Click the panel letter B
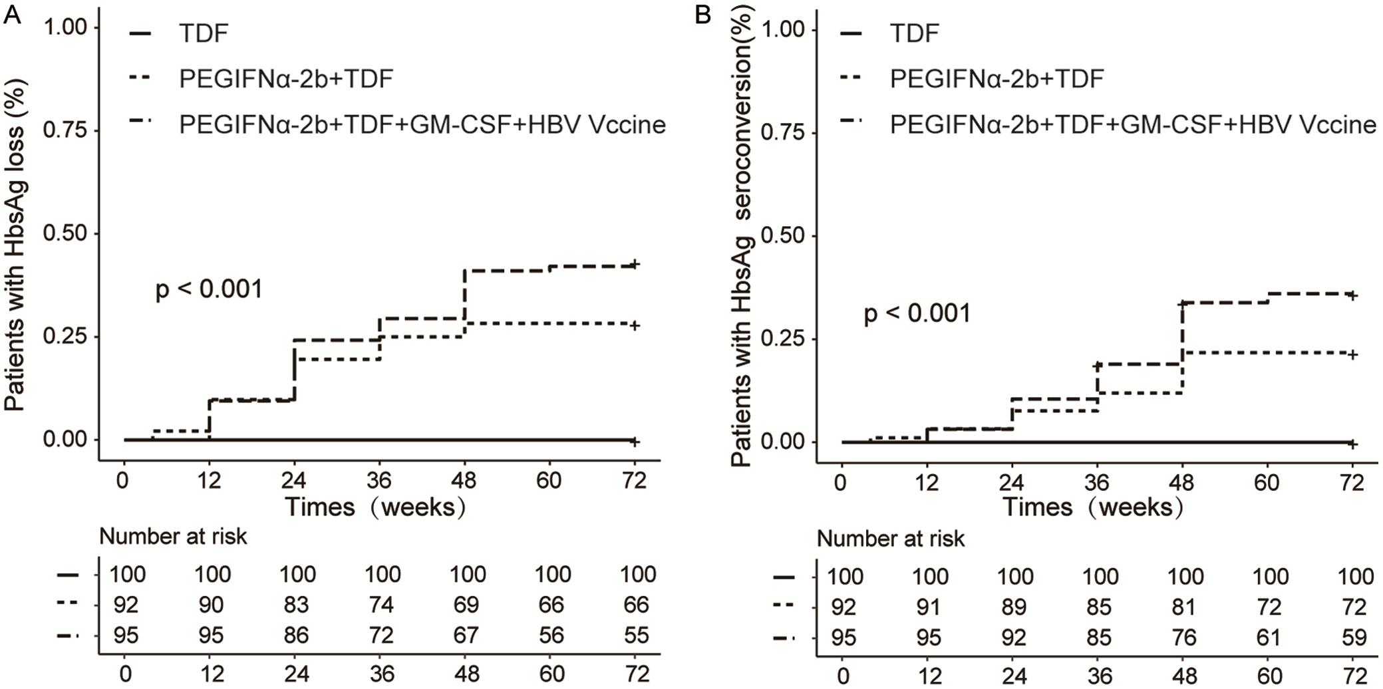pos(702,15)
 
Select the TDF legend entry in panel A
pos(204,33)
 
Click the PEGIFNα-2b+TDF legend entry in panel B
pos(997,79)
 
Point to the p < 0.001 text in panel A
pos(209,290)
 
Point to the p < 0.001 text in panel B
pos(917,313)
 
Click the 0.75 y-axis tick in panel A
pos(65,130)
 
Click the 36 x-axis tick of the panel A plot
pos(379,480)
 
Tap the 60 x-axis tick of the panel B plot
pos(1267,482)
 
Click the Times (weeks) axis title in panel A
pos(375,507)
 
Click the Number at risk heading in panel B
pos(890,539)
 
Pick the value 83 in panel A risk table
pos(296,605)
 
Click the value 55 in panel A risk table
pos(636,635)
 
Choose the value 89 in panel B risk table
pos(1014,607)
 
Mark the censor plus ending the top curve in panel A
pos(635,264)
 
